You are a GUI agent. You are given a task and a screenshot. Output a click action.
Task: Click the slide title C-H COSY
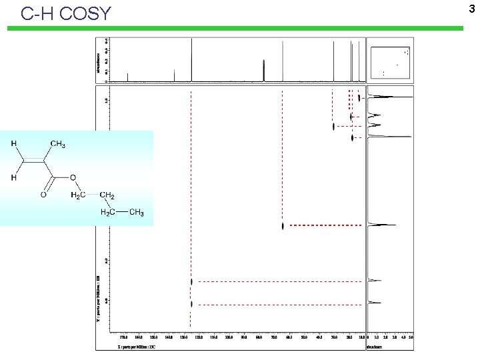66,13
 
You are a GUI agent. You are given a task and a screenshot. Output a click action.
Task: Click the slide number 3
471,8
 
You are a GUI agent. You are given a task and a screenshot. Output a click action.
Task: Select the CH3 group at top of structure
57,144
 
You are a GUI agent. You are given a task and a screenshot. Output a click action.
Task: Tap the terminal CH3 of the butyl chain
136,213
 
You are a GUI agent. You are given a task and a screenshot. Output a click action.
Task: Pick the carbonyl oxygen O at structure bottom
43,195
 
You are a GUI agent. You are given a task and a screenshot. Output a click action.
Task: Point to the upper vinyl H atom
14,143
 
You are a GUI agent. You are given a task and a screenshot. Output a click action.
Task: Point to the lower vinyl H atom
14,177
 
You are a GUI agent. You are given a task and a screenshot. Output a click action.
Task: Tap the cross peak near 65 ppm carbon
283,226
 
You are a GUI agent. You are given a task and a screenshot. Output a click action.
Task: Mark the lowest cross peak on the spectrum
191,304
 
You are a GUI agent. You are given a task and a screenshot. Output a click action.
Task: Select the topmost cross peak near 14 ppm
359,97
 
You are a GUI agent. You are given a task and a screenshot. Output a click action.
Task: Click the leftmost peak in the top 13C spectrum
127,77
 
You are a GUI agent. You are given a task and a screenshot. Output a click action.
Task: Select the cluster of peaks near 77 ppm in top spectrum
265,69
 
